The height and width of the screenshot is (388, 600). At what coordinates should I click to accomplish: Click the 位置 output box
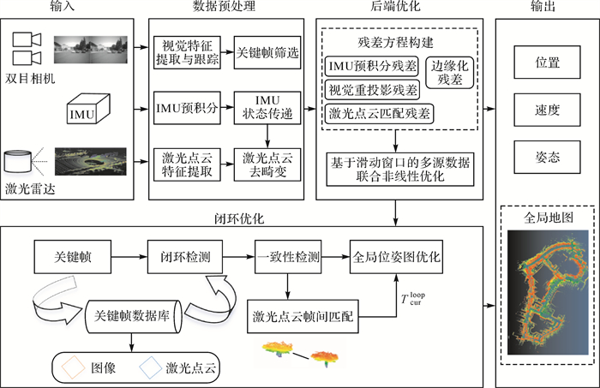coord(546,63)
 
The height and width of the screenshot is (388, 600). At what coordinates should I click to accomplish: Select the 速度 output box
coord(546,109)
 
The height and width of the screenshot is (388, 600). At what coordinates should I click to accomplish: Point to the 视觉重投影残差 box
coord(370,89)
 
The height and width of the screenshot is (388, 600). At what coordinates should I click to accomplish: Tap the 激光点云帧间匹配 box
coord(303,317)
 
